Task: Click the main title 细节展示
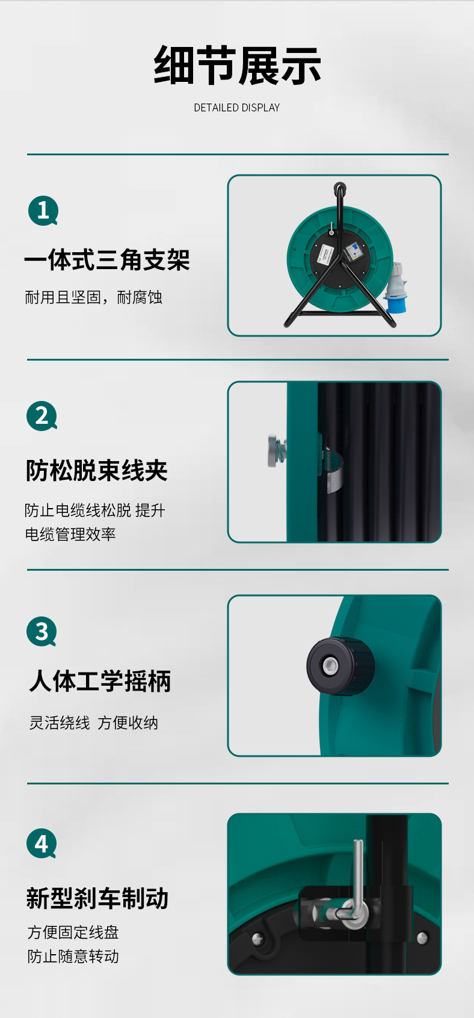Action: [x=237, y=66]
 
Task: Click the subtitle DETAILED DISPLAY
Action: [x=236, y=108]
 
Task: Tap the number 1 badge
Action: [x=43, y=211]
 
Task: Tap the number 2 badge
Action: [x=42, y=416]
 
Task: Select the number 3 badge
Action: [x=42, y=632]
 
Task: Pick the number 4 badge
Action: [x=42, y=844]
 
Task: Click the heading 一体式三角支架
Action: [x=107, y=260]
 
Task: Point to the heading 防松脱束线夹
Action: [x=97, y=470]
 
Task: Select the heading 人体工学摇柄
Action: [x=100, y=681]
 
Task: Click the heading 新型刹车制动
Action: [x=97, y=898]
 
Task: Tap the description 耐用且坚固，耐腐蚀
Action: [x=93, y=297]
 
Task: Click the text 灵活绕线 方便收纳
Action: [x=93, y=722]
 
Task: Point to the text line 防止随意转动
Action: [x=73, y=956]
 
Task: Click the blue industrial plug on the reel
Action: [x=395, y=288]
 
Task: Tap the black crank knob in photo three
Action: [x=340, y=666]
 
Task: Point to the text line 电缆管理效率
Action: [x=70, y=534]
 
